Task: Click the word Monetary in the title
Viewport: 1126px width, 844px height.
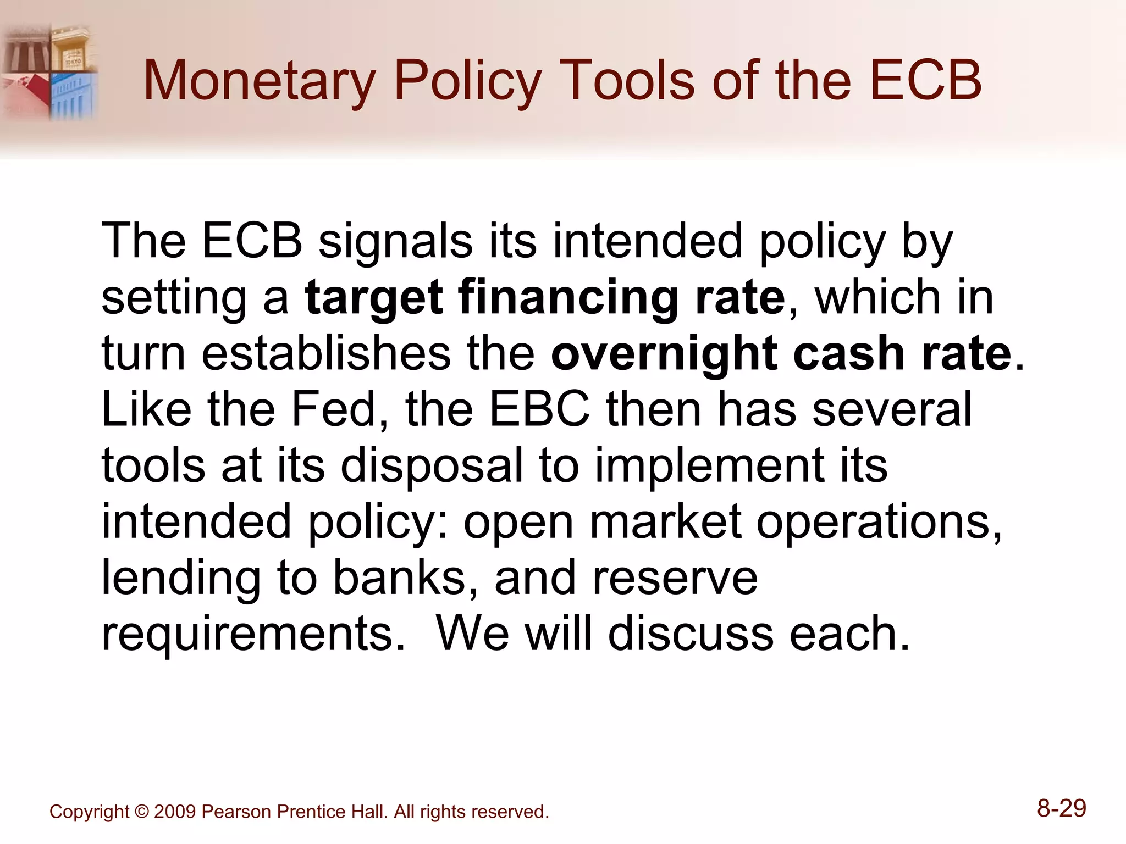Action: coord(259,81)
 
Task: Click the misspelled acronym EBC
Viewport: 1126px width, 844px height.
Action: coord(539,409)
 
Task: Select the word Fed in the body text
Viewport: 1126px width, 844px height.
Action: coord(333,409)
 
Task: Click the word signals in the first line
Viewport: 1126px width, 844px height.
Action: coord(395,242)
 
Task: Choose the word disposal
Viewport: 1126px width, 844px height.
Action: coord(432,466)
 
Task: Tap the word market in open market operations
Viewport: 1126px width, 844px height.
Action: coord(665,522)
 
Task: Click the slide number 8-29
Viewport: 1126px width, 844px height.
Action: coord(1061,809)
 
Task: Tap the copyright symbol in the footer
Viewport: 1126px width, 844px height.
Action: coord(141,812)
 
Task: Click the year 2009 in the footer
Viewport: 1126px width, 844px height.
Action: coord(175,812)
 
